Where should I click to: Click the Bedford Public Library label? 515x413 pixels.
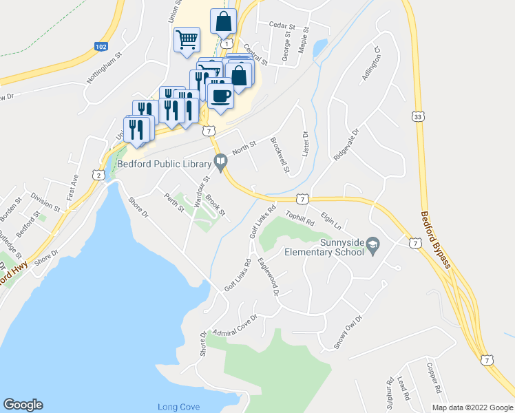click(x=163, y=164)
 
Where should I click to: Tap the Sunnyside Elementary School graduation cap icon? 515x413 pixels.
click(x=372, y=244)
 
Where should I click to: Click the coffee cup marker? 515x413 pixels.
click(x=220, y=96)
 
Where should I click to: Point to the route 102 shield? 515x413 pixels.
click(x=101, y=46)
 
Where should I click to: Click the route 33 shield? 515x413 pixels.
click(x=418, y=118)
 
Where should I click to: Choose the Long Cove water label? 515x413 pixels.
click(x=178, y=407)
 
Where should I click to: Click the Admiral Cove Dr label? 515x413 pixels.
click(x=235, y=326)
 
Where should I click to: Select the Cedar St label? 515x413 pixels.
click(x=282, y=27)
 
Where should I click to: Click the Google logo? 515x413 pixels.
click(x=23, y=405)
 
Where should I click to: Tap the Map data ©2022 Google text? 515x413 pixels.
click(x=472, y=407)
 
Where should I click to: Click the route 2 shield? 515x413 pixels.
click(x=100, y=176)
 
